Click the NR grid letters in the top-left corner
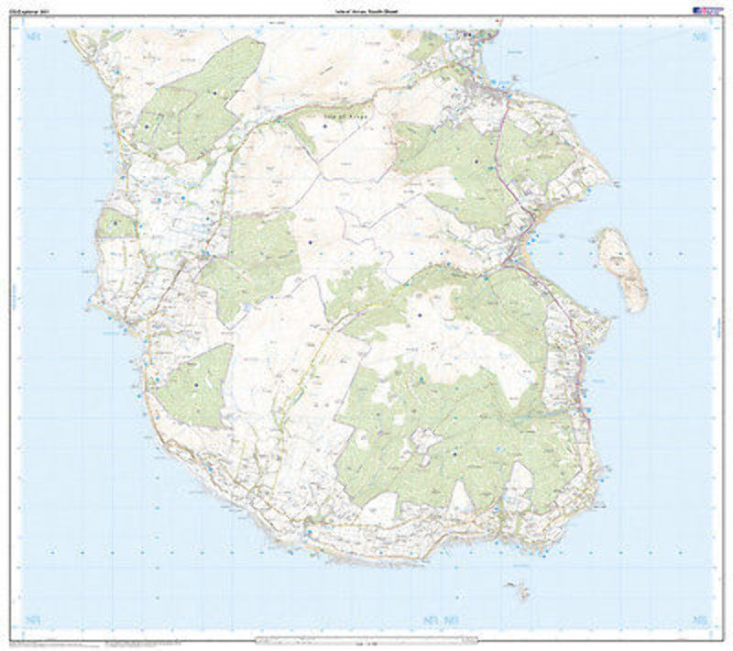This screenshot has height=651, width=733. tap(35, 38)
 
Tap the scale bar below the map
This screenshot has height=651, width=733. tap(366, 638)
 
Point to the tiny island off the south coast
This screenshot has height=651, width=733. tap(520, 586)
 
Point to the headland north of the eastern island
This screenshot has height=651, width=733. tap(600, 170)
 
